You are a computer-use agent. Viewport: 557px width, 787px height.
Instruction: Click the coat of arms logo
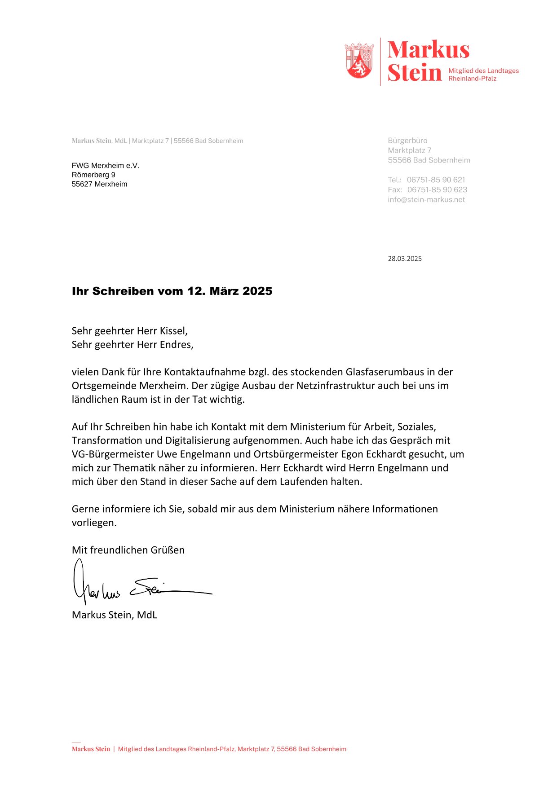(x=359, y=61)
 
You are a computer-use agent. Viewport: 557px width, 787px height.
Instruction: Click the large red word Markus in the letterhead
(x=428, y=50)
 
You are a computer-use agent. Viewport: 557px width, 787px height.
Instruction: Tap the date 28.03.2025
(x=405, y=259)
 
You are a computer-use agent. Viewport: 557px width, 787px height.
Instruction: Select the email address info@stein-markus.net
(x=426, y=200)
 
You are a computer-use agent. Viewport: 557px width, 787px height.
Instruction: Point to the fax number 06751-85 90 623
(x=437, y=190)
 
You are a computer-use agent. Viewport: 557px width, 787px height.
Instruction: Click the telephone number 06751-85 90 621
(x=436, y=180)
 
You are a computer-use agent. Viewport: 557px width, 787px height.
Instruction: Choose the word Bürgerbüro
(x=407, y=141)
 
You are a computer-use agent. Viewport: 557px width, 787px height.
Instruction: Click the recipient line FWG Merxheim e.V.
(x=106, y=166)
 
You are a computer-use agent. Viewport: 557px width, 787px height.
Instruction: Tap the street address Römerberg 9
(x=93, y=175)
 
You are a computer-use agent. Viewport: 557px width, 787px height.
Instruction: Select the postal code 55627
(x=82, y=185)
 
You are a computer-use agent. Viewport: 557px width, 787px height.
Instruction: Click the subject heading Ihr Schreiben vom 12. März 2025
(x=172, y=291)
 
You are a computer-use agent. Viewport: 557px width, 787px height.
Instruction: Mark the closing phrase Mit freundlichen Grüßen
(x=128, y=550)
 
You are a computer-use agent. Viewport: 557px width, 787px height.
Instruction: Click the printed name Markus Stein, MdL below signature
(x=115, y=615)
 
